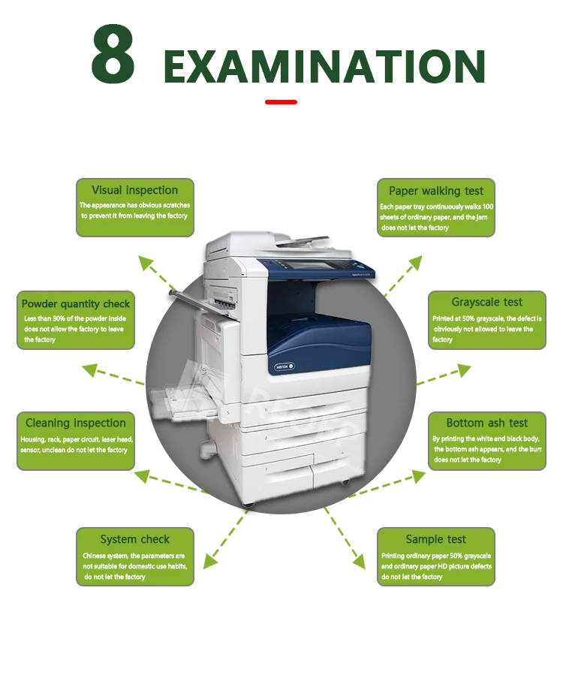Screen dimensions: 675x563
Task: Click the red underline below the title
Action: click(281, 102)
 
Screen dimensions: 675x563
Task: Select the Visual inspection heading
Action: click(135, 191)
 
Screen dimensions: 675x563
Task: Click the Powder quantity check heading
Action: click(76, 304)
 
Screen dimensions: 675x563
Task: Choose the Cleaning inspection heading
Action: click(76, 423)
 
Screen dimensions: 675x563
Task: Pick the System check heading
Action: click(135, 539)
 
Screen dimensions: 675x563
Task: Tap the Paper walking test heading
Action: click(436, 191)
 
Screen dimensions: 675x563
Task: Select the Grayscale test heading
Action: click(487, 302)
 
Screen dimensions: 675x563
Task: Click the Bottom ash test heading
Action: click(487, 423)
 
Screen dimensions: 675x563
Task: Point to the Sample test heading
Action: click(436, 539)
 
